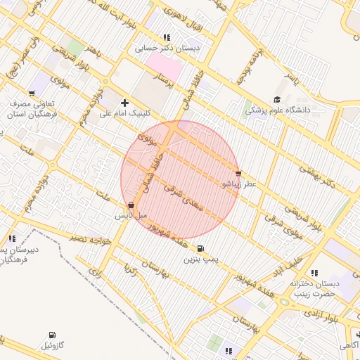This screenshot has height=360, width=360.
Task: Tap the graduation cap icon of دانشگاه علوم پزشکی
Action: coord(277,100)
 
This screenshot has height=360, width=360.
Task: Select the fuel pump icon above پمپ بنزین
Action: coord(202,249)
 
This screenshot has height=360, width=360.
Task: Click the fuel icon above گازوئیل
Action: coord(52,335)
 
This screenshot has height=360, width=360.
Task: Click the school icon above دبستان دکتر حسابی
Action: coord(166,38)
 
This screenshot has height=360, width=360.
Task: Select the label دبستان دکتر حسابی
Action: coord(167,49)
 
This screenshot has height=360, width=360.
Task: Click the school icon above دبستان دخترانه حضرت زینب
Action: coord(314,273)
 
